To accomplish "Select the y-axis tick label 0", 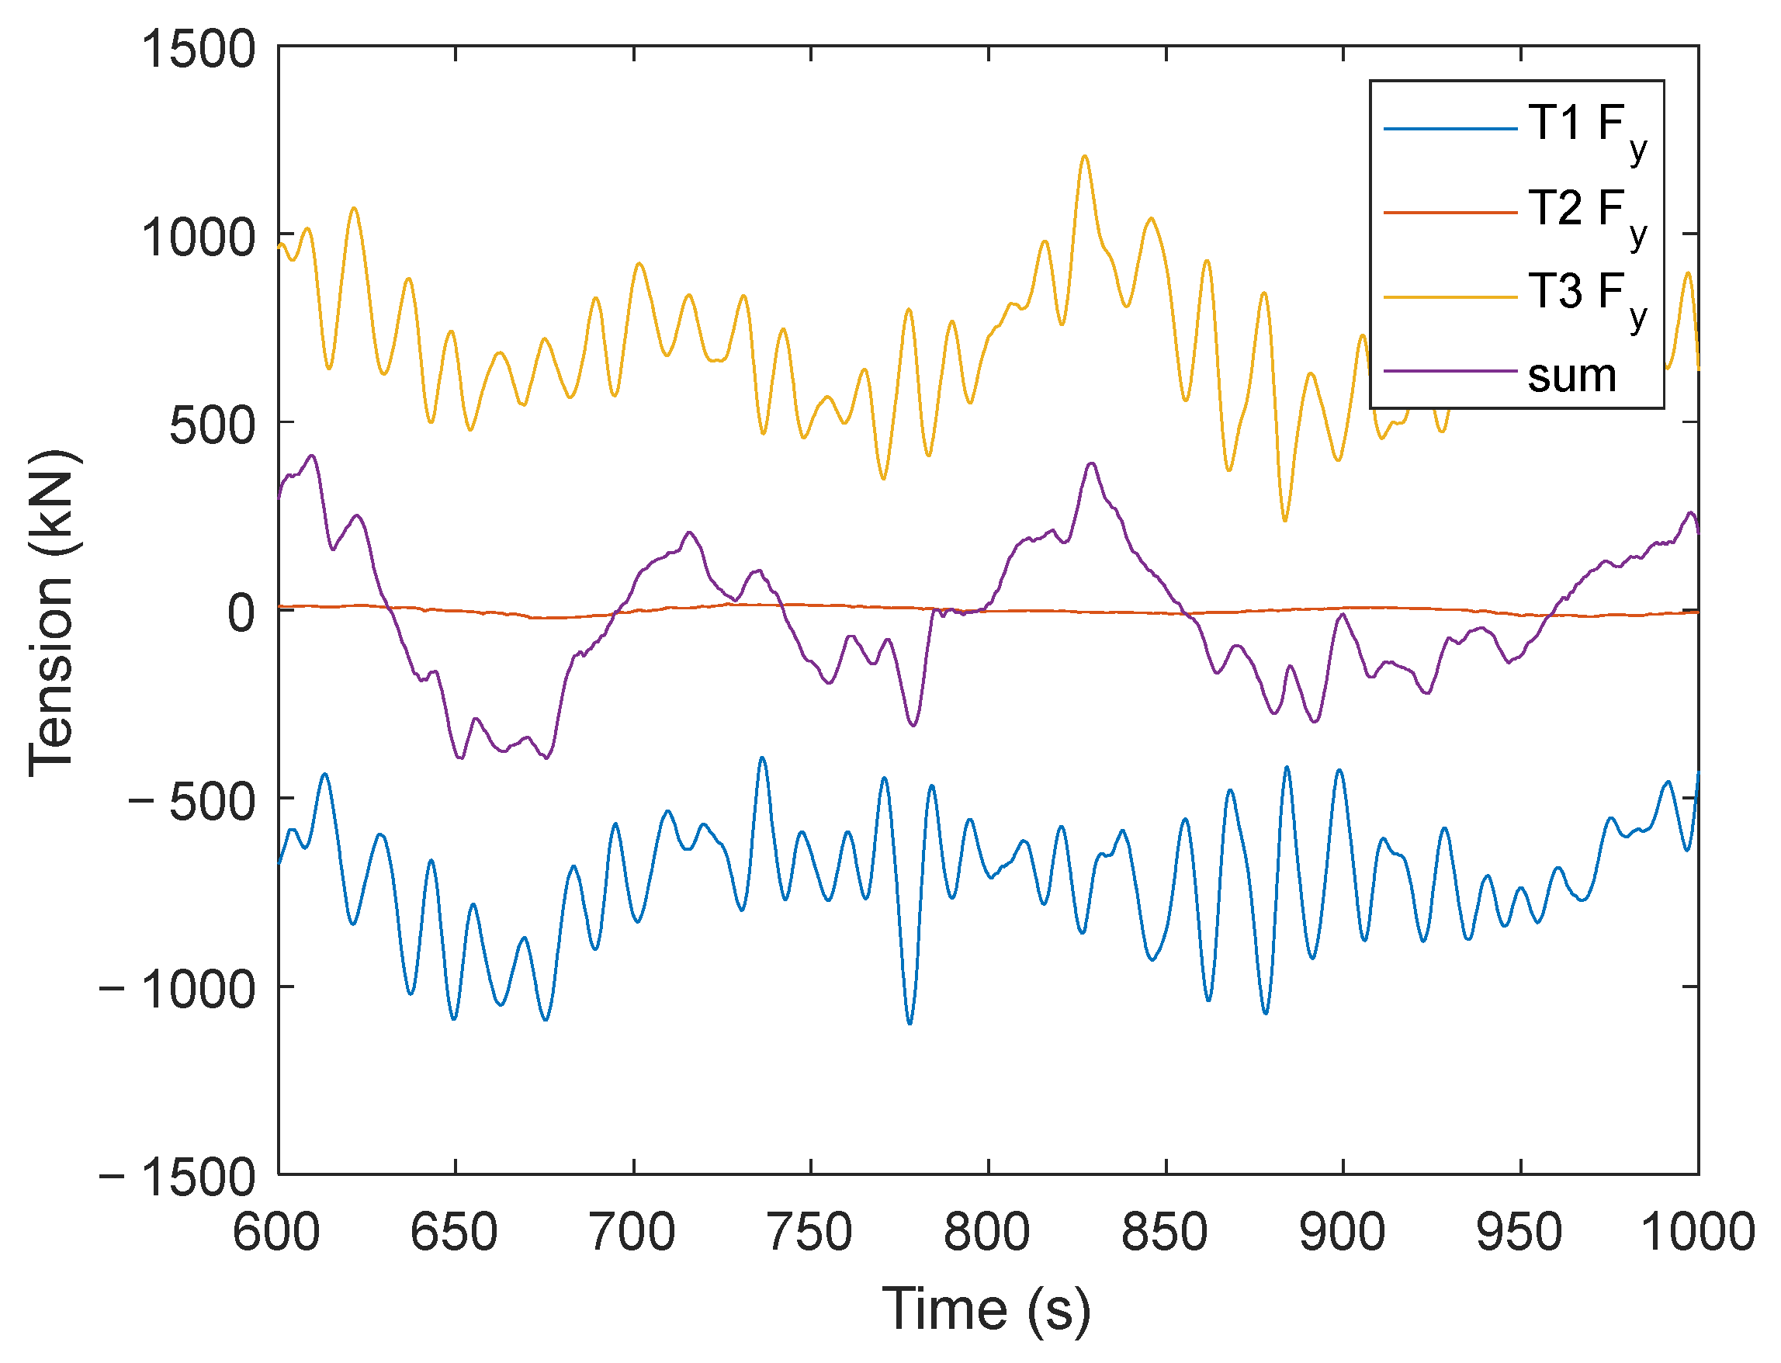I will point(241,612).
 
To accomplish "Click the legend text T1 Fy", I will point(1586,130).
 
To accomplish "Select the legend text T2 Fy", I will point(1586,213).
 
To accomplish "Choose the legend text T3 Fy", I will point(1586,297).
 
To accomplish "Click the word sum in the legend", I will point(1571,376).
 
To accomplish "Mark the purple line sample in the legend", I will point(1450,371).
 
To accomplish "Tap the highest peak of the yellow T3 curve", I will point(1084,156).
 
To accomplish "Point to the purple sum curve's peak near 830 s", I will point(1092,463).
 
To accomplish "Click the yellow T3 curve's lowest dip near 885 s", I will point(1284,520).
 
